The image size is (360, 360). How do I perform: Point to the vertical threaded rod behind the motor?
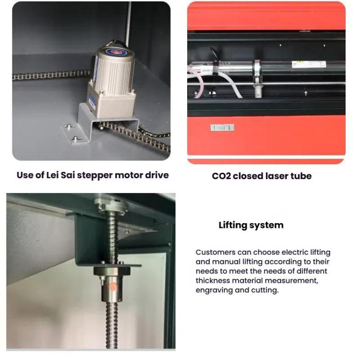click(x=128, y=24)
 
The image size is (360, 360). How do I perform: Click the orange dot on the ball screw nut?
click(x=112, y=286)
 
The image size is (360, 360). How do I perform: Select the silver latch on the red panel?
click(x=222, y=128)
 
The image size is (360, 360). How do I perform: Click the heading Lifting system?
click(x=251, y=225)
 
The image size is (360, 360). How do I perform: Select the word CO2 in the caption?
click(x=221, y=176)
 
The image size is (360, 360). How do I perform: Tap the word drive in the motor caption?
click(x=156, y=175)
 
